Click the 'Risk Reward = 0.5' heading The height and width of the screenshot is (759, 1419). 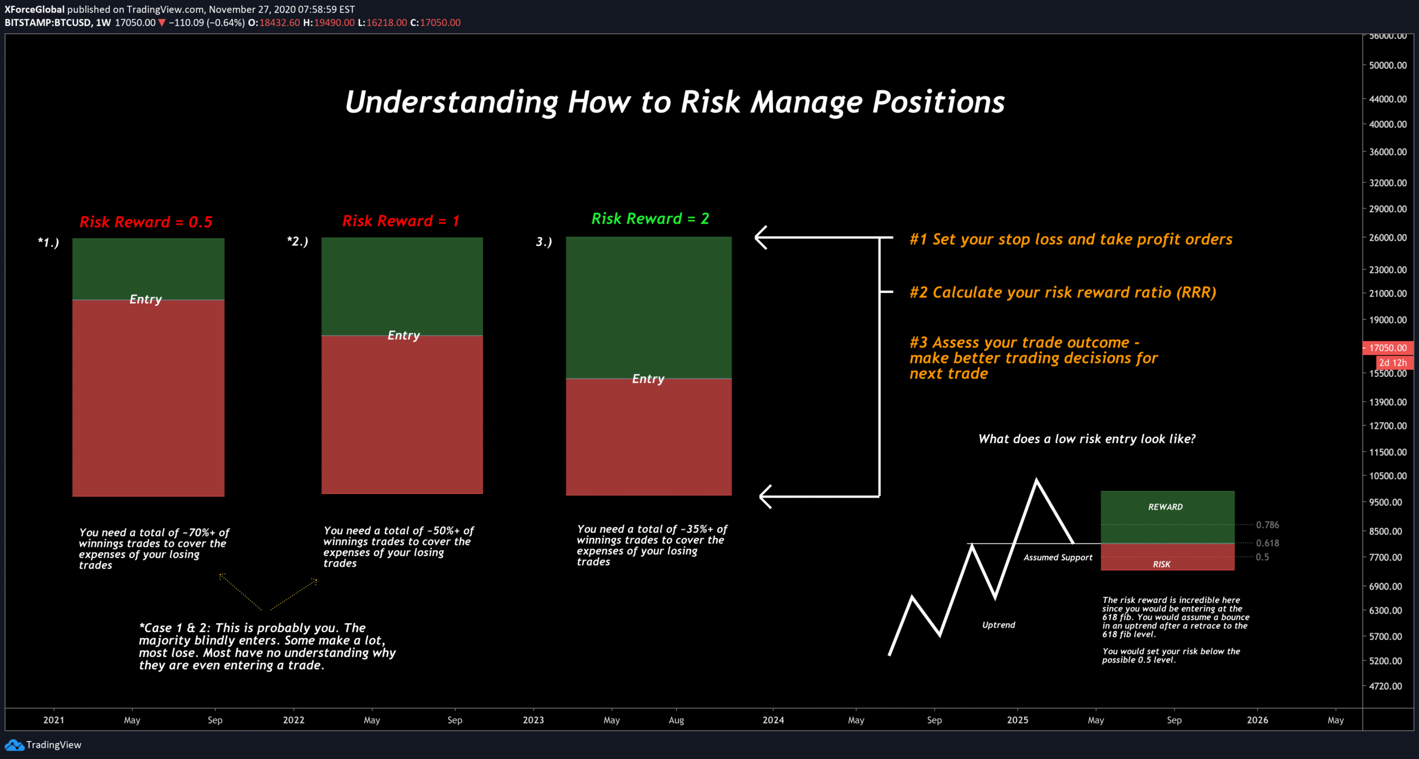point(146,222)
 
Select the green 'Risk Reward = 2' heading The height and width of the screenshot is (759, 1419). point(650,219)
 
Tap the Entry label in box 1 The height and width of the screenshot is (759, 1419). point(146,299)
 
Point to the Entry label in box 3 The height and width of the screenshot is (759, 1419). point(648,379)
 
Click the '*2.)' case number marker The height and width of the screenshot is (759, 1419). point(298,242)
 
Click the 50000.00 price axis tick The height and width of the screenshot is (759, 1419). point(1387,65)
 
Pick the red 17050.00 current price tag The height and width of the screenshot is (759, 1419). point(1387,348)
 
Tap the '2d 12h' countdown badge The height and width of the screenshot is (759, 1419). point(1392,363)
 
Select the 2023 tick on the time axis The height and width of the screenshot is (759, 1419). point(533,720)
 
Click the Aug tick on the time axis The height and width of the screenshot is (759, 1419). point(676,720)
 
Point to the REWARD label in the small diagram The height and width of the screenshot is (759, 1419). point(1165,507)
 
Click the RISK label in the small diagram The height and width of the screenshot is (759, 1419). point(1161,565)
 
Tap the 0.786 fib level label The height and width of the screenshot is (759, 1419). point(1267,525)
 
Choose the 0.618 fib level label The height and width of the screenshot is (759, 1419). point(1267,543)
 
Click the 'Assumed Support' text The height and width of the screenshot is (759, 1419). point(1058,557)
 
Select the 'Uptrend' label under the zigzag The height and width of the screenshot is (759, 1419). point(998,625)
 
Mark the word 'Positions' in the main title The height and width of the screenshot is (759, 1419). point(938,102)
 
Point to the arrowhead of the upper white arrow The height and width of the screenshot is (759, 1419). point(758,238)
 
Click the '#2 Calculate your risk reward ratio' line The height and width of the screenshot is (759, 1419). point(1063,293)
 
